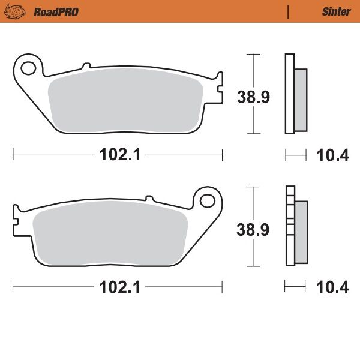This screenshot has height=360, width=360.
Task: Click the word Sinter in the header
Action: (x=336, y=11)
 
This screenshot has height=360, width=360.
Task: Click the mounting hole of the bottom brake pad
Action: (x=208, y=199)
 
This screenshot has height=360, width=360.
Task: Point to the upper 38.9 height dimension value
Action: (x=253, y=97)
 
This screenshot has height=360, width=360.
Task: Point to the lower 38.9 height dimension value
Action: (x=253, y=229)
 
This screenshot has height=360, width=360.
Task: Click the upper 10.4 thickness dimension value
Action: (x=332, y=155)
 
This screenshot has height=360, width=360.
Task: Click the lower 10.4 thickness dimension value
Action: (x=332, y=288)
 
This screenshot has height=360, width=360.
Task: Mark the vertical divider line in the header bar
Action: (x=289, y=11)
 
